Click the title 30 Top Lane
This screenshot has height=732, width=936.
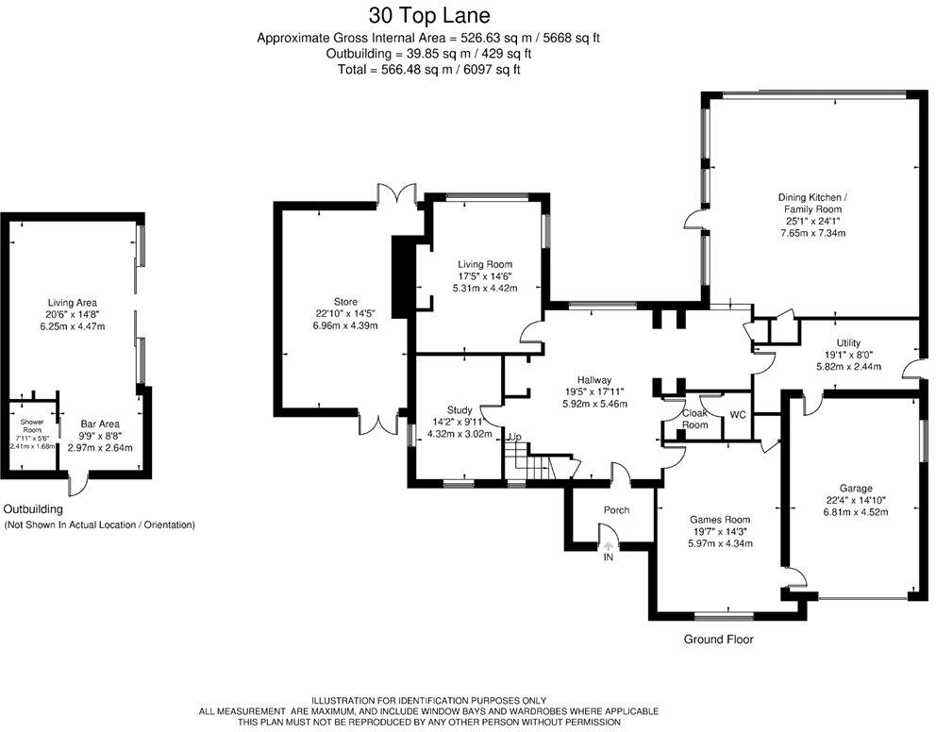(x=429, y=14)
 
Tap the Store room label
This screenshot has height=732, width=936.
(x=345, y=302)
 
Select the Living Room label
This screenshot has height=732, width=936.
(x=485, y=264)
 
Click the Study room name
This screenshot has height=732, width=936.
(x=460, y=409)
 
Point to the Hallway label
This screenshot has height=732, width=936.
(x=593, y=380)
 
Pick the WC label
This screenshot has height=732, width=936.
(x=738, y=415)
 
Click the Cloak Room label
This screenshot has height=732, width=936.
(x=694, y=419)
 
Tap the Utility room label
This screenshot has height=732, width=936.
(x=848, y=343)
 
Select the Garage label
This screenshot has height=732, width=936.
(x=856, y=489)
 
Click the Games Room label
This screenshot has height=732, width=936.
(x=720, y=520)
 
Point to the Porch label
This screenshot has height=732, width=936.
(x=617, y=510)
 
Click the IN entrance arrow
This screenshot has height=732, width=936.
(x=609, y=545)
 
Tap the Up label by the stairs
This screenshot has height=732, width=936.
(x=514, y=438)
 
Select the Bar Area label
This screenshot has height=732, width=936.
(x=100, y=424)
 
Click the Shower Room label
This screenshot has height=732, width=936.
(x=32, y=426)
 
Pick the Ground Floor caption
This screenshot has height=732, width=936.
(x=719, y=640)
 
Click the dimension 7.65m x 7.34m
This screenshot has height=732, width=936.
(x=813, y=233)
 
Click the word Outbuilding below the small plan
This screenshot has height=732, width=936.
(x=33, y=509)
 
